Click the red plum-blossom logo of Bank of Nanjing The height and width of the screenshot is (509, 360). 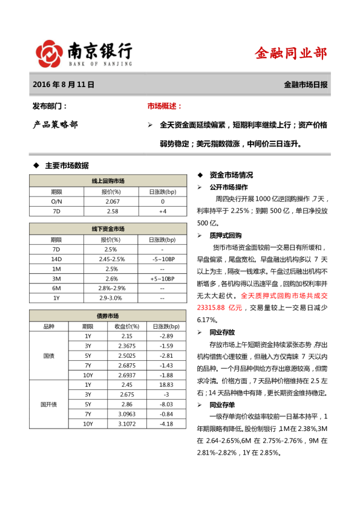(x=49, y=53)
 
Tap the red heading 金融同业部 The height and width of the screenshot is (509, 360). (x=290, y=53)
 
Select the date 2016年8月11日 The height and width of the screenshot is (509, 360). (x=64, y=85)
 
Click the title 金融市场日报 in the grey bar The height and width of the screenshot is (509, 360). (x=306, y=85)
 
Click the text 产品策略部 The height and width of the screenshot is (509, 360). (x=55, y=125)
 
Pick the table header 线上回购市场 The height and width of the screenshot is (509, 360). (x=108, y=181)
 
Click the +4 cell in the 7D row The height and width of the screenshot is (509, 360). (x=162, y=211)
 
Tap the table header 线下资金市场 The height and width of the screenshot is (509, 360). (x=108, y=229)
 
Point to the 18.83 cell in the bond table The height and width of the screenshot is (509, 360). (x=162, y=384)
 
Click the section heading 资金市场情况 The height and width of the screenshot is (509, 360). (x=231, y=175)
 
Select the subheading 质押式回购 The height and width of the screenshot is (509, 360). (x=226, y=235)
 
